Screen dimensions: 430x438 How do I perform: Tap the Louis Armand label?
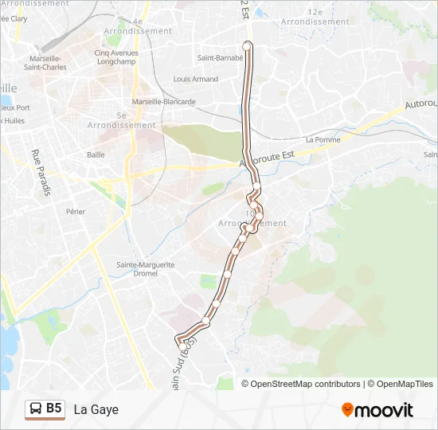196,80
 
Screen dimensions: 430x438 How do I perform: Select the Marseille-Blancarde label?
164,102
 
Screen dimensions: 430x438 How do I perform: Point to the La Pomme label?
323,140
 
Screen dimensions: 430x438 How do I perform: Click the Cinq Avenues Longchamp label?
116,58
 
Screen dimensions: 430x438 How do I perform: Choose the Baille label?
96,154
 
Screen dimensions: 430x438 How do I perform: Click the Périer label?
76,212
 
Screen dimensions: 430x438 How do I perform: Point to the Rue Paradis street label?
41,173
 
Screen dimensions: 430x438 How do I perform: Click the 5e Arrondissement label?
121,120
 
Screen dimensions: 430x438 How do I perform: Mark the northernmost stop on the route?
247,46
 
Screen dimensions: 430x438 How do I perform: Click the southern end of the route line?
178,342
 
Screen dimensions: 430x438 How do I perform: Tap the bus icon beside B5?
35,409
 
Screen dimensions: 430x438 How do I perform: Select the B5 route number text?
53,409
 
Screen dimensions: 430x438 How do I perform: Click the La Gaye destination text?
96,409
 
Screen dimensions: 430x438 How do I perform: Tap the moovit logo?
377,410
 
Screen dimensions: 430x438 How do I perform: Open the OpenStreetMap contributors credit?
306,384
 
